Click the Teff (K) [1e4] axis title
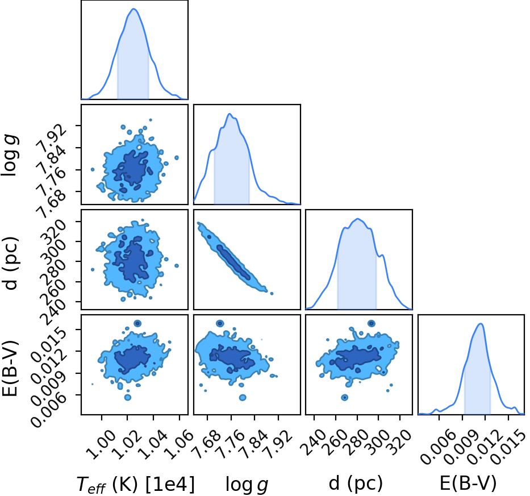coord(136,484)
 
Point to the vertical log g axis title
coord(9,155)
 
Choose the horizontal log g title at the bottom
coord(247,485)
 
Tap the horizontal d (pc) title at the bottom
coord(356,484)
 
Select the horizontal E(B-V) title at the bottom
coord(469,484)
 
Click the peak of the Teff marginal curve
coord(133,9)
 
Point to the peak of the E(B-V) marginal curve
coord(481,324)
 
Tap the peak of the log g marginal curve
coord(230,114)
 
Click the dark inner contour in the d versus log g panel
coord(233,262)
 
